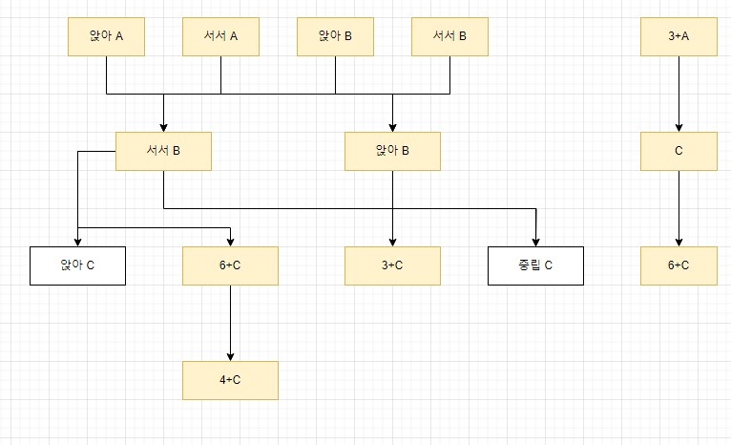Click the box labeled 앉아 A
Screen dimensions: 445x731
(106, 37)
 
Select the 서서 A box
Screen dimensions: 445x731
(220, 37)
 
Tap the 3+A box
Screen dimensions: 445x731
(679, 37)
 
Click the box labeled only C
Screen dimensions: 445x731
(679, 151)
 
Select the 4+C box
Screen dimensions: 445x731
(230, 380)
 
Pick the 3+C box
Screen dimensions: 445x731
(392, 265)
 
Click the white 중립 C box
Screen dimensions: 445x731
(535, 265)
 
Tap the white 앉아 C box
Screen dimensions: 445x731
(77, 265)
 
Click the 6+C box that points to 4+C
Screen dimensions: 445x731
(230, 265)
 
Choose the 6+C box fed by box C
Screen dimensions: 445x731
(679, 265)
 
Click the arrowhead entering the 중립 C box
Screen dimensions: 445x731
(535, 241)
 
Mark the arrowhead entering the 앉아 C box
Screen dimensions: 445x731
(77, 241)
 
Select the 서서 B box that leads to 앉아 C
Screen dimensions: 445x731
(163, 151)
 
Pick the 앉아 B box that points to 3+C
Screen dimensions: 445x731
(392, 151)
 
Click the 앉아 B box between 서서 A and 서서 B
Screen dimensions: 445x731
(335, 37)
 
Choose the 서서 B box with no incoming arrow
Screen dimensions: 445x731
(449, 37)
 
